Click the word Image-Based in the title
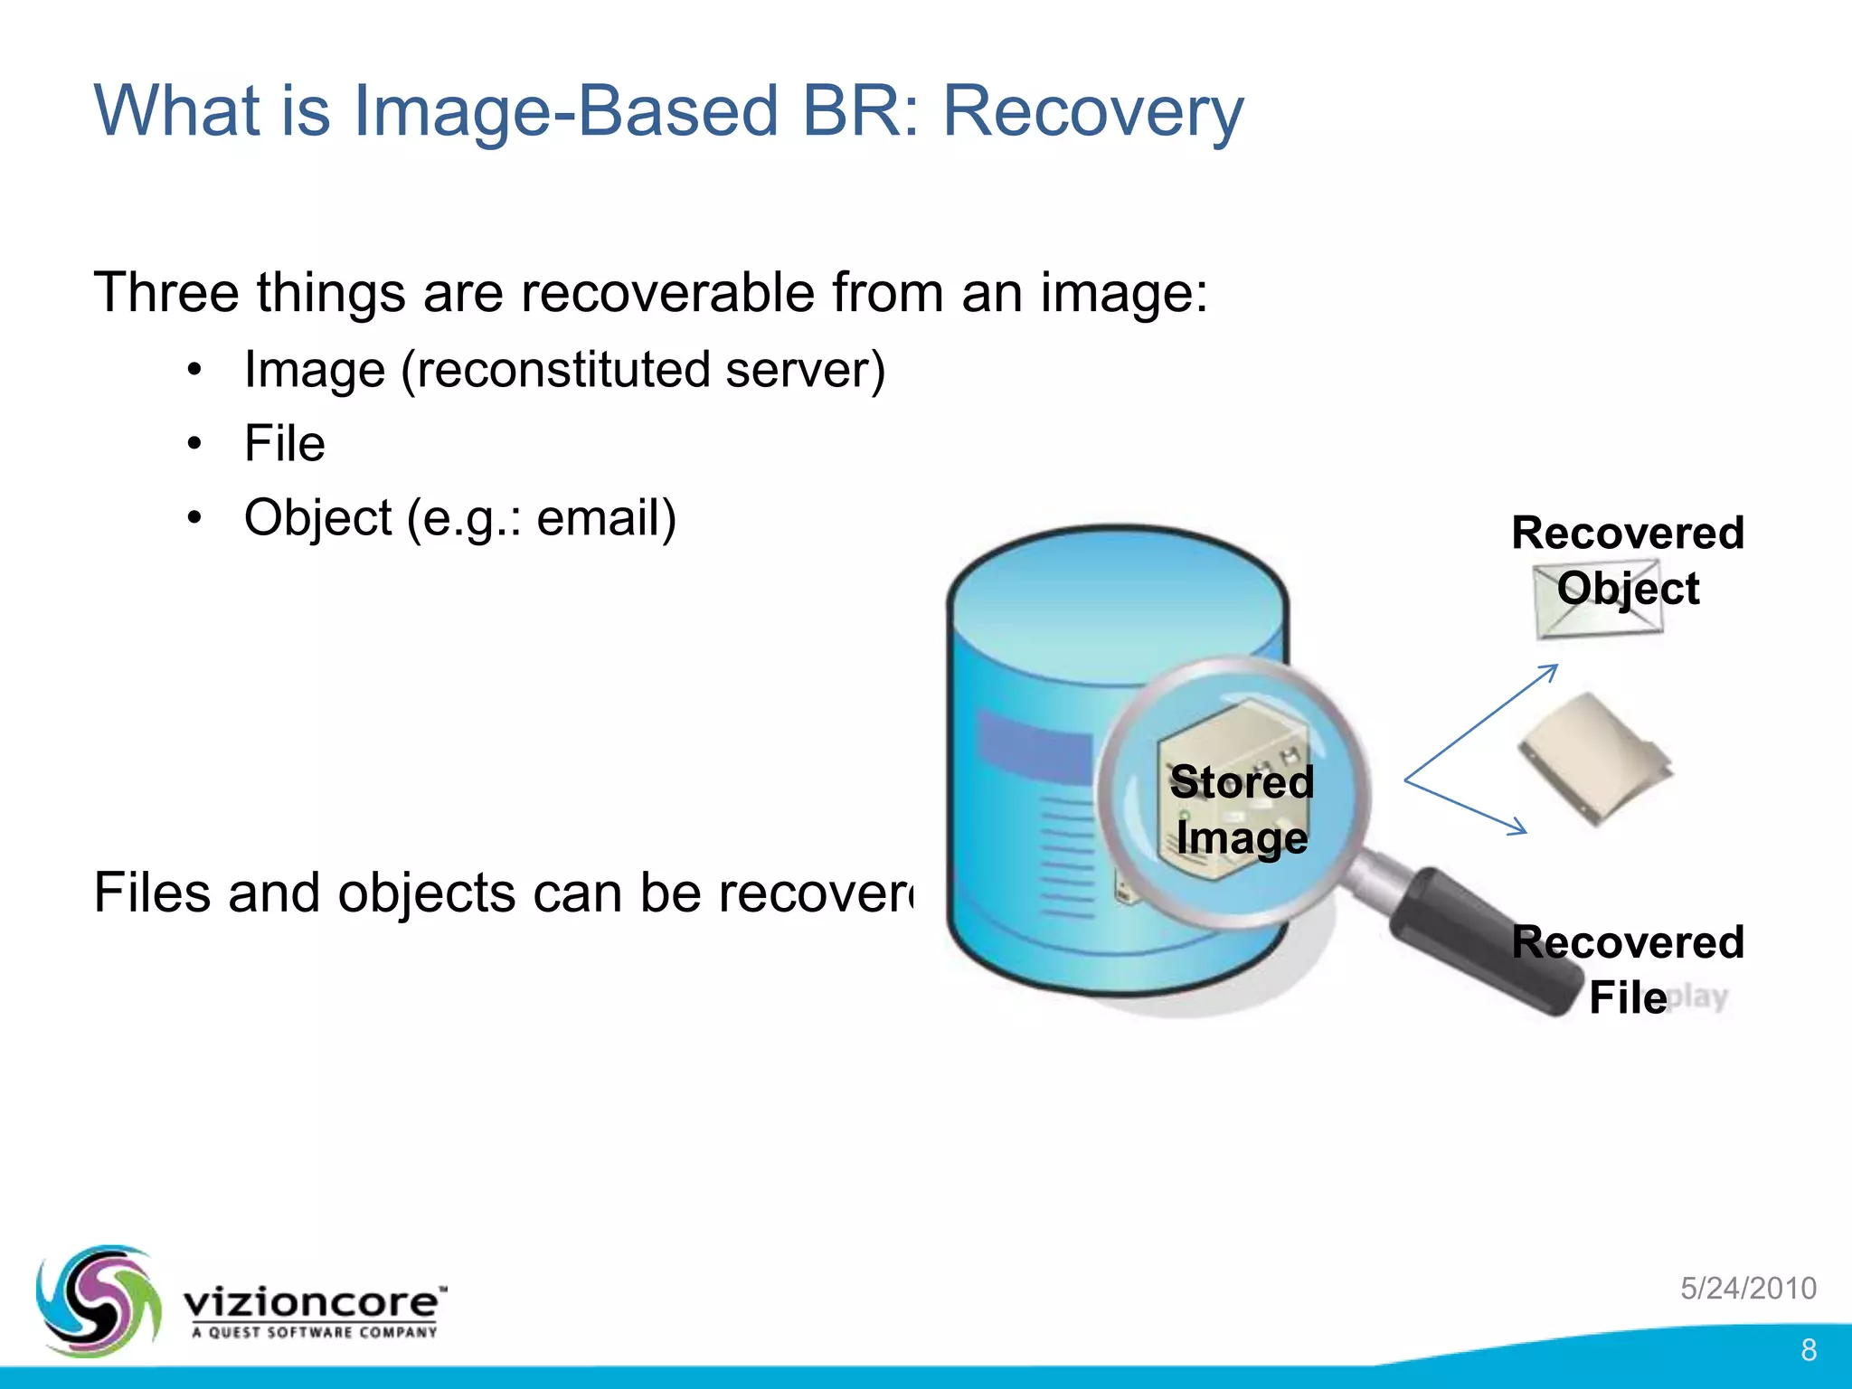565,110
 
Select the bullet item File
284,444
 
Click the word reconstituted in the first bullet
561,370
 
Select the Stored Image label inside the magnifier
1241,809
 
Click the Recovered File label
1628,969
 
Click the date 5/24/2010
1748,1288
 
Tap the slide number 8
1809,1350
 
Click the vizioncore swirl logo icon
98,1299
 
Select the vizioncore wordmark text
312,1302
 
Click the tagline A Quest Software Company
314,1332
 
